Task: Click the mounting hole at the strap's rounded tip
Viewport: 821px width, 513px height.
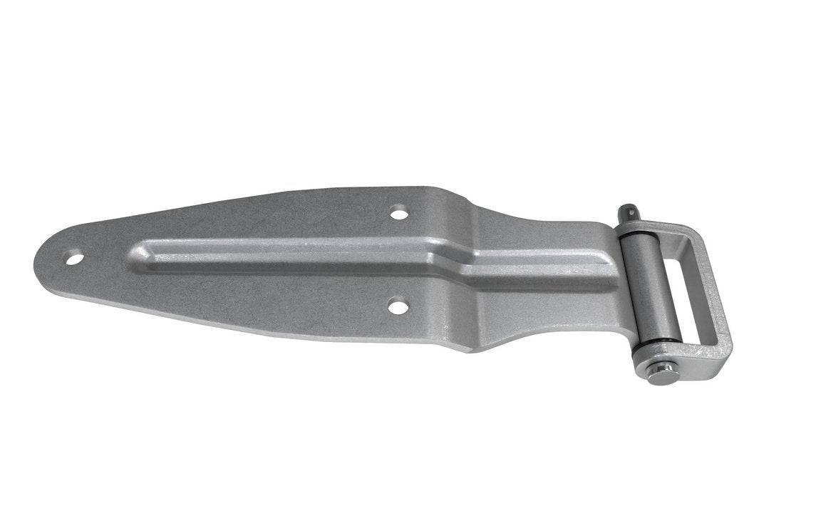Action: click(75, 258)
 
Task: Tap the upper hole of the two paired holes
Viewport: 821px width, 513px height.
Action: click(399, 212)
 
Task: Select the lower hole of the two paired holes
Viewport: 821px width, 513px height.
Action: click(398, 307)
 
